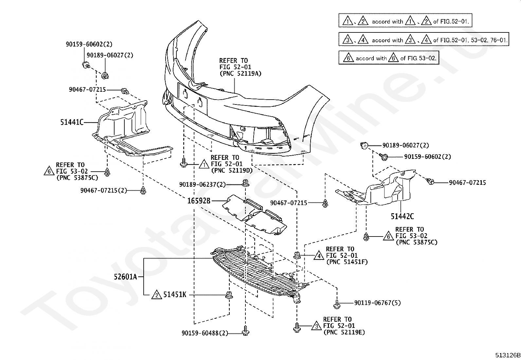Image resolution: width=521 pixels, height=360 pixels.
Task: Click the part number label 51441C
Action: [x=72, y=122]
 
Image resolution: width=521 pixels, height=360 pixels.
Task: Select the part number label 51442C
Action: [x=402, y=216]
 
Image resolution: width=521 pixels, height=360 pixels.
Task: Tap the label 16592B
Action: [x=199, y=200]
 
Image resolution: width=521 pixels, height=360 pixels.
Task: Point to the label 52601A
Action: [x=125, y=277]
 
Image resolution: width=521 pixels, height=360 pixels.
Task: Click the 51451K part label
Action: [x=175, y=295]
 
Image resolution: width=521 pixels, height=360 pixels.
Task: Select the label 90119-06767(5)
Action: [x=377, y=303]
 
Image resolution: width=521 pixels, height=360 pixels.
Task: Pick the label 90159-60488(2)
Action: [x=205, y=333]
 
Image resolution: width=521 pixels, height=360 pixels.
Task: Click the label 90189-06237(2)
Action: [x=203, y=184]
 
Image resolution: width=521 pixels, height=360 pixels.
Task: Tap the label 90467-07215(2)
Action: [x=104, y=190]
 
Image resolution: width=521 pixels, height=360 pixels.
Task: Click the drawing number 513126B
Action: [x=507, y=355]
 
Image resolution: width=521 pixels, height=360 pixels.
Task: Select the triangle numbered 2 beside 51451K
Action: [x=157, y=295]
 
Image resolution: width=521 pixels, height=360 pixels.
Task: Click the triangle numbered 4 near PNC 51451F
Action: [x=319, y=256]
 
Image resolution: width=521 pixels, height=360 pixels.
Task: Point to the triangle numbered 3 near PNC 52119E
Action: [x=316, y=326]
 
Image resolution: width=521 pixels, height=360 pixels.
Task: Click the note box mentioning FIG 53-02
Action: [x=388, y=58]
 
